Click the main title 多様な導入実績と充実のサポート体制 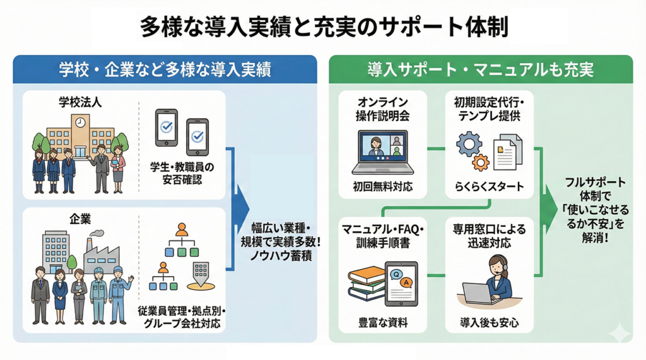click(x=322, y=28)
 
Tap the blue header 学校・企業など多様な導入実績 click(x=165, y=70)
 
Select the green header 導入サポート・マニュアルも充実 click(x=481, y=70)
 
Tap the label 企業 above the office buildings click(x=80, y=219)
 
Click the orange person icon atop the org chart click(x=182, y=229)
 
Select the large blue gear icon click(x=468, y=144)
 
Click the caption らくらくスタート click(x=490, y=187)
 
